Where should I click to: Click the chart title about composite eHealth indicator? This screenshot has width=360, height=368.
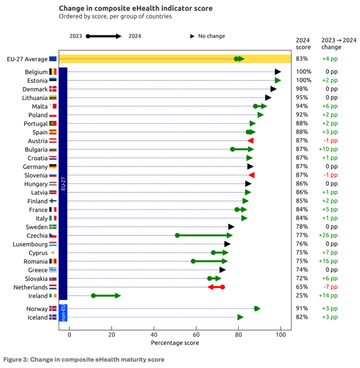tap(136, 8)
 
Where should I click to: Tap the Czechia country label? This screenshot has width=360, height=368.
tap(37, 235)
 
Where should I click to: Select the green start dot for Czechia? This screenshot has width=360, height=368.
tap(177, 235)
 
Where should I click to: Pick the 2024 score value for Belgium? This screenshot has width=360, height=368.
tap(304, 71)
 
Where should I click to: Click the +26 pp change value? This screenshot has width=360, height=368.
tap(331, 235)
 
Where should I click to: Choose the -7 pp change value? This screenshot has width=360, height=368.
tap(332, 287)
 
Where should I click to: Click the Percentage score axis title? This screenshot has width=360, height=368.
tap(175, 343)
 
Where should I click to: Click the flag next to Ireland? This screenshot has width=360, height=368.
tap(53, 295)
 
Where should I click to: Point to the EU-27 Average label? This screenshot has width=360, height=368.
tap(27, 59)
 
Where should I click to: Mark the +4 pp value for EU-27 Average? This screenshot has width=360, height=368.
tap(332, 59)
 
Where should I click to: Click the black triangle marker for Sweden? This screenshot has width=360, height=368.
tap(231, 226)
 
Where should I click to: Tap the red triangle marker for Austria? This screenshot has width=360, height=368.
tap(250, 140)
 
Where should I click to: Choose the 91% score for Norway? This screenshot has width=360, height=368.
tap(303, 308)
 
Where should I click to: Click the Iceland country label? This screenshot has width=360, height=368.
tap(37, 317)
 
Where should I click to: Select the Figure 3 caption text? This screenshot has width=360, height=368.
tap(83, 359)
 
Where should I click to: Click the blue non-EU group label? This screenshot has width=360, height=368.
tap(64, 312)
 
